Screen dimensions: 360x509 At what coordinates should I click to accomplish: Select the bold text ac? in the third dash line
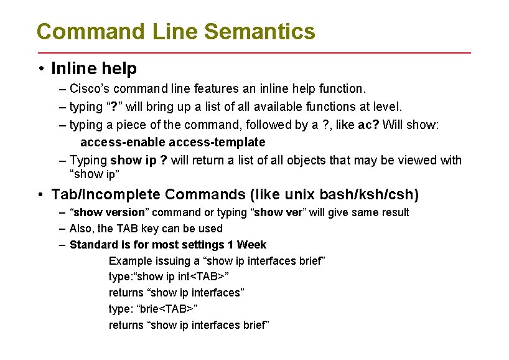point(368,125)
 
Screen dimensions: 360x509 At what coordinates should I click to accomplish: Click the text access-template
point(217,142)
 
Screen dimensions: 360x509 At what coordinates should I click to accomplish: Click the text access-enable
point(123,142)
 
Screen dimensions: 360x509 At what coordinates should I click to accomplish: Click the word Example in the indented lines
point(129,260)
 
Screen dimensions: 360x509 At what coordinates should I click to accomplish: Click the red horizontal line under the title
point(254,52)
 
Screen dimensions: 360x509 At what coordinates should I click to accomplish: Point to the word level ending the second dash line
point(388,107)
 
